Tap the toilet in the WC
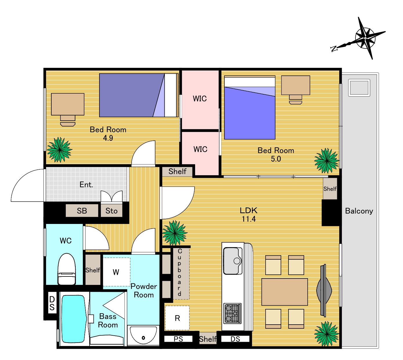[x=67, y=269]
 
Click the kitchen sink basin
[x=233, y=261]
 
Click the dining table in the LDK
[x=284, y=292]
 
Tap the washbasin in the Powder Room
[x=143, y=335]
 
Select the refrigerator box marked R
[x=177, y=318]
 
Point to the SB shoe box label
[x=82, y=211]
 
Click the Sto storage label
[x=111, y=211]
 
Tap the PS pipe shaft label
[x=178, y=339]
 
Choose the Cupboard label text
[x=180, y=272]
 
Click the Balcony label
[x=359, y=211]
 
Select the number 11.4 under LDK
[x=248, y=219]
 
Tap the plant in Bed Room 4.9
[x=59, y=149]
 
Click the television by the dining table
[x=324, y=291]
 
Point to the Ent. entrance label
[x=86, y=184]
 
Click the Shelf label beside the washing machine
[x=92, y=270]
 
